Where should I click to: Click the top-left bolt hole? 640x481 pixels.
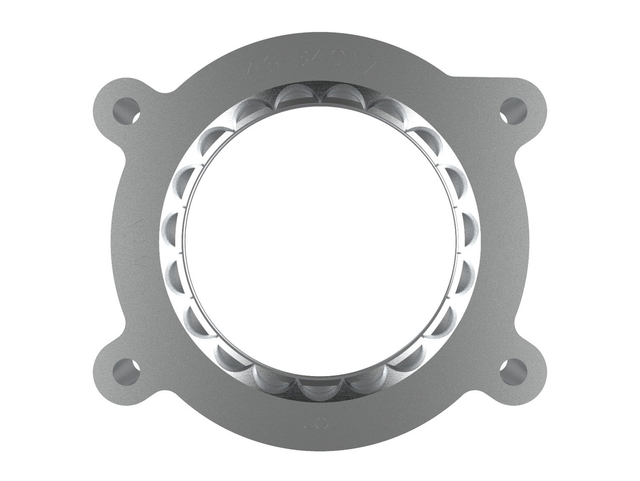tap(127, 111)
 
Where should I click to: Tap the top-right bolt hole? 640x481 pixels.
tap(513, 111)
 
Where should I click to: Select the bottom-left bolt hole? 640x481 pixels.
tap(127, 372)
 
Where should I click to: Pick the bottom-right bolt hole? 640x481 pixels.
tap(513, 372)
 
